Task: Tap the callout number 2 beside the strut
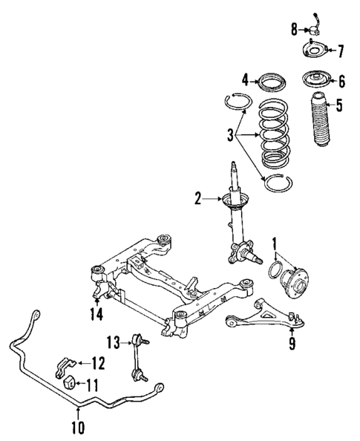[198, 198]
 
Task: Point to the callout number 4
[243, 79]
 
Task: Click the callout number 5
[338, 105]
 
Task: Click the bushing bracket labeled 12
[65, 363]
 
